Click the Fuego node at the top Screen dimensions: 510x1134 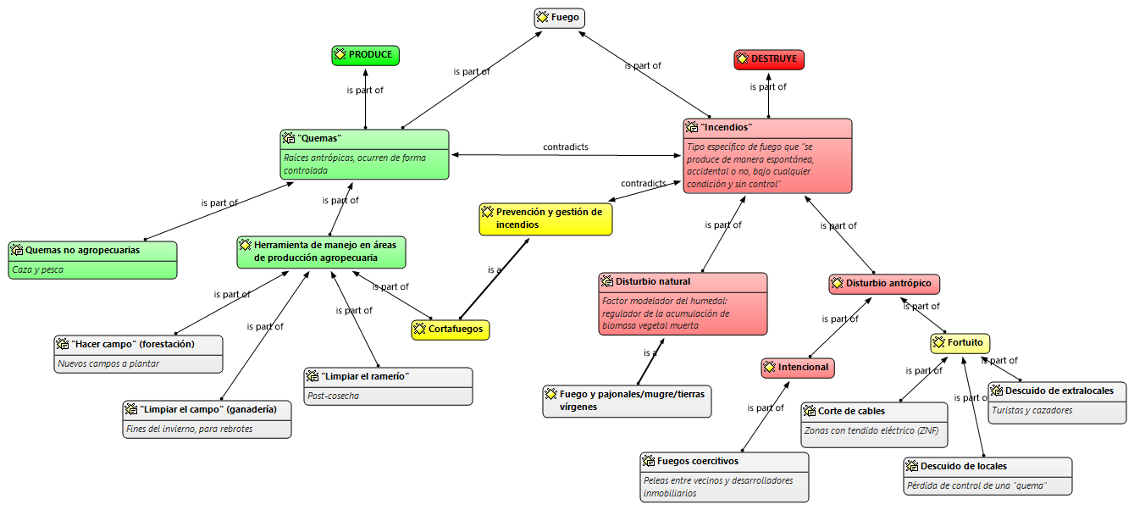pos(560,18)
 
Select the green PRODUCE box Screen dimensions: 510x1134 pos(365,55)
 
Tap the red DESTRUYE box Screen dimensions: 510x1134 pos(768,59)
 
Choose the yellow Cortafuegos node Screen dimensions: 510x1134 pos(451,330)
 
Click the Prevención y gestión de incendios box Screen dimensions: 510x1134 pos(545,219)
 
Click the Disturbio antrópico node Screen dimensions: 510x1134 pos(884,284)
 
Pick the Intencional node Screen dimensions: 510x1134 pos(798,368)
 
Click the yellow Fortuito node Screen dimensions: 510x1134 pos(960,343)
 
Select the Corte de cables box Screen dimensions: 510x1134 pos(874,412)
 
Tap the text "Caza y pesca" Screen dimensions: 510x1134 pos(38,269)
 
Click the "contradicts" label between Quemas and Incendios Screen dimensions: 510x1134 pos(565,147)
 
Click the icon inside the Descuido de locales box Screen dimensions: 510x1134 pos(912,467)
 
